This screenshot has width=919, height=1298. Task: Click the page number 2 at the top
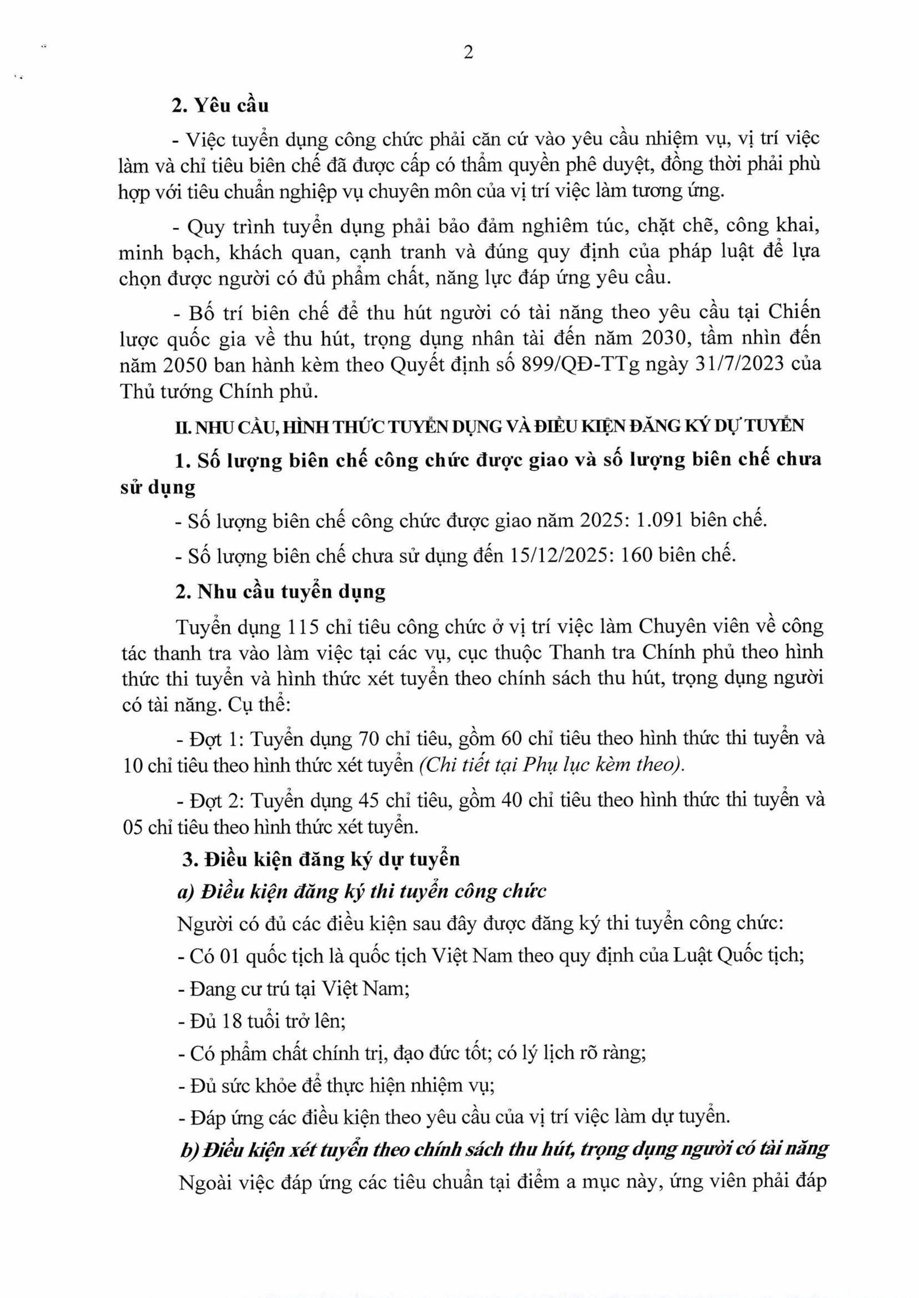click(468, 53)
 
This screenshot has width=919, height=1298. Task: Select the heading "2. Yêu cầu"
click(221, 106)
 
